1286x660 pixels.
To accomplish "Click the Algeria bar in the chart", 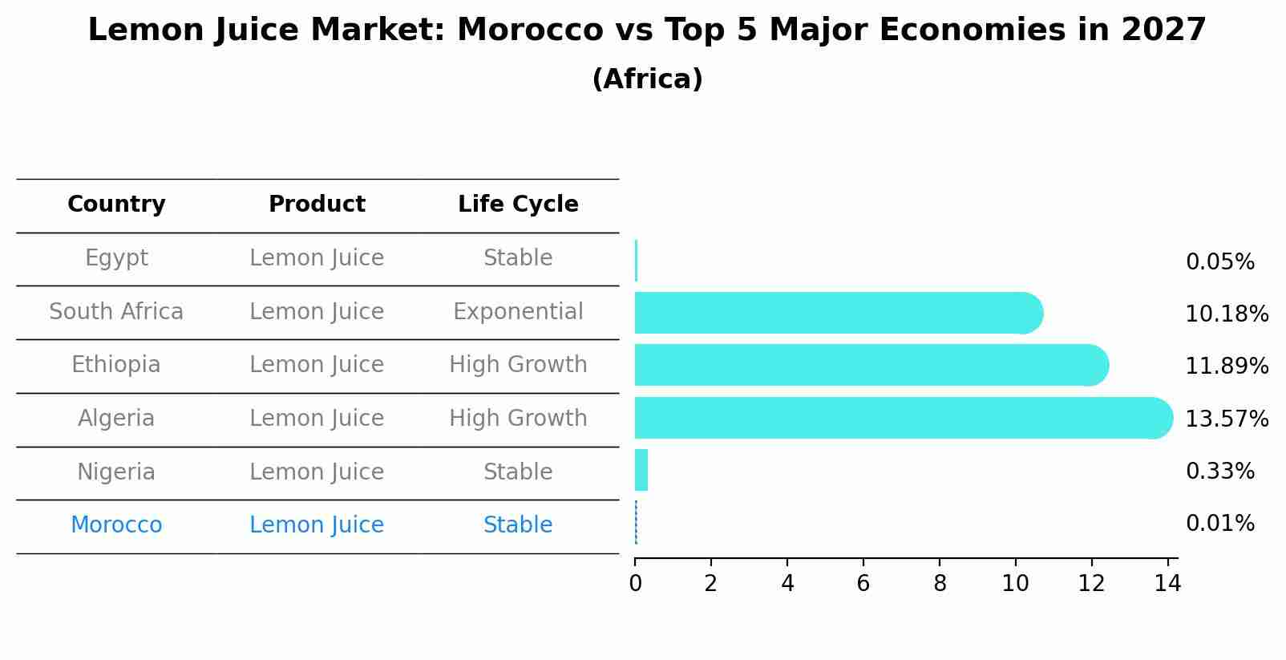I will [898, 418].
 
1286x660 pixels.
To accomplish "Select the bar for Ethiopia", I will [866, 365].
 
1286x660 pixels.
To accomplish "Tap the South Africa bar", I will [834, 313].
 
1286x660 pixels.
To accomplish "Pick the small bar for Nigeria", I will [641, 470].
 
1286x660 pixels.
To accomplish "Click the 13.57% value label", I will [1227, 419].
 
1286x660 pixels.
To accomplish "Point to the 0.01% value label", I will [1219, 524].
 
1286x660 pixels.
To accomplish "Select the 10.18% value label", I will [1227, 314].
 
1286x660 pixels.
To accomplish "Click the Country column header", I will [116, 204].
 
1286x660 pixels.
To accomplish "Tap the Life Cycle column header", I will [518, 204].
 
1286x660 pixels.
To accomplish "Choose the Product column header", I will [317, 204].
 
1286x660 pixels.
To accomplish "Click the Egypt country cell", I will [116, 258].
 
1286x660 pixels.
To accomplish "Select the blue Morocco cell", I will [116, 525].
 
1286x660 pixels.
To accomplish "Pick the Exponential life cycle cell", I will [518, 312].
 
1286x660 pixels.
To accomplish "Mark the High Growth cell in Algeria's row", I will [518, 419].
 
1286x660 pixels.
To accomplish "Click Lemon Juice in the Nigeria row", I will [317, 472].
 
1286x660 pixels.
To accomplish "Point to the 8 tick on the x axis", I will [940, 584].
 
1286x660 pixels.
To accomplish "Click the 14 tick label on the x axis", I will [1167, 584].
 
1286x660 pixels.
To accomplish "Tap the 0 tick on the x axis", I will [635, 584].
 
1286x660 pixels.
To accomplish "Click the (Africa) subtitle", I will [647, 79].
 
